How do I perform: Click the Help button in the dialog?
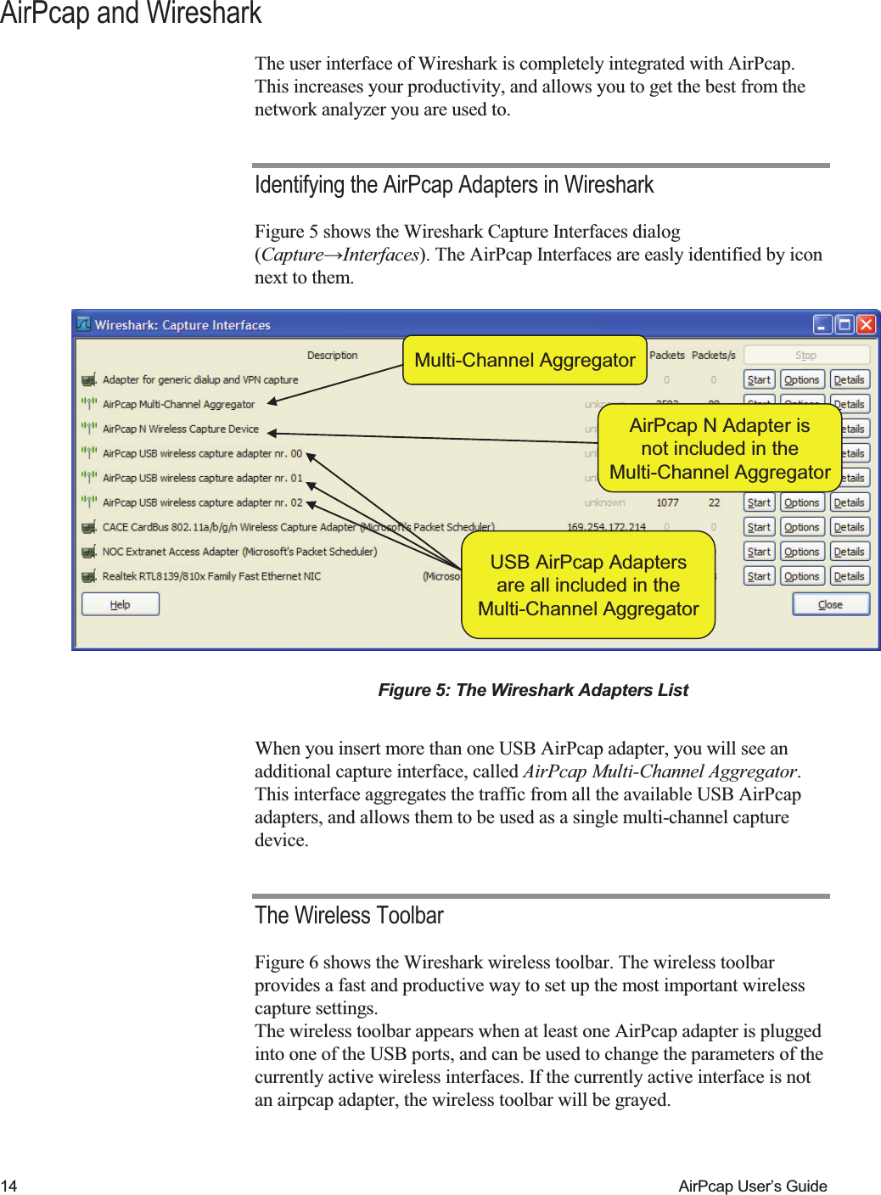click(120, 604)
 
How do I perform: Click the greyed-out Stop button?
click(806, 355)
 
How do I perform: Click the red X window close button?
click(866, 324)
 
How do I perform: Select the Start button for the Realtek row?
click(759, 576)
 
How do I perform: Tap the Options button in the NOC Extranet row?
click(801, 552)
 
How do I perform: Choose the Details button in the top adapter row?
click(849, 379)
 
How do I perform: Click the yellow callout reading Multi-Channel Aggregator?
click(525, 360)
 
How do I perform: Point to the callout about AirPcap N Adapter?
click(720, 448)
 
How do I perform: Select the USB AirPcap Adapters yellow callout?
click(588, 585)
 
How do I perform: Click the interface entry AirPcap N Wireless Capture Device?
click(180, 429)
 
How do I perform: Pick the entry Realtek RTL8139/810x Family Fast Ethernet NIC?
click(211, 576)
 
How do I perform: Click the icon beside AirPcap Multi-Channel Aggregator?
click(89, 404)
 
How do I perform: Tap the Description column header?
click(332, 355)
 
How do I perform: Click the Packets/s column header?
click(713, 355)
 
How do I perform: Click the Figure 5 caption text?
click(533, 690)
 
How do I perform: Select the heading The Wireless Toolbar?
click(349, 915)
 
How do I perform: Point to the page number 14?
click(9, 1186)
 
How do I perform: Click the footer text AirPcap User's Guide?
click(752, 1186)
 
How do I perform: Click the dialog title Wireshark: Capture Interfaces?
click(182, 325)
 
